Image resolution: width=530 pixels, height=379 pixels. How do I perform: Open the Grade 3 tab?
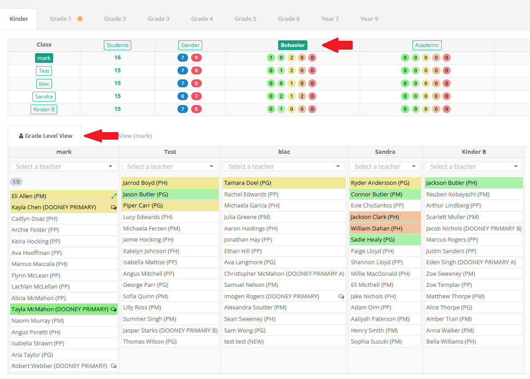158,19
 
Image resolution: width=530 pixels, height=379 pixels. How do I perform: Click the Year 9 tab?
369,19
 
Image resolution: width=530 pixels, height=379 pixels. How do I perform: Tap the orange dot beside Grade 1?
80,19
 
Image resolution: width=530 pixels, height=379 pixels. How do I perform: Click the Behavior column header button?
293,45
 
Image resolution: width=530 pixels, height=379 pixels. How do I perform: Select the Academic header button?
427,45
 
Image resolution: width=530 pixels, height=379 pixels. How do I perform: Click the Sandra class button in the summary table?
44,97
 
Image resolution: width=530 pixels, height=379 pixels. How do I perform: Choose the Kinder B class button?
44,109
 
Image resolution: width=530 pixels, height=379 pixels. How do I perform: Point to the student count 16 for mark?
117,58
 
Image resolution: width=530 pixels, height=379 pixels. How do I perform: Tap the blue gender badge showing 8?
183,96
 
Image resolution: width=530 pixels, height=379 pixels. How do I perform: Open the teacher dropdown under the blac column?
284,167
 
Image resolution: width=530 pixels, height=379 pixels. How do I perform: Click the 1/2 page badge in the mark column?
16,182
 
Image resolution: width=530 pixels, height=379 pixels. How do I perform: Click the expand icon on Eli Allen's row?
114,196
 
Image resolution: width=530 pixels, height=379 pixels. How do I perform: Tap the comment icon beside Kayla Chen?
114,207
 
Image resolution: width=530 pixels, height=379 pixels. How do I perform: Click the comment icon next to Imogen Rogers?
342,297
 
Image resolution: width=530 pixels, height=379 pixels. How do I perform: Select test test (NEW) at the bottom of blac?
243,341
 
